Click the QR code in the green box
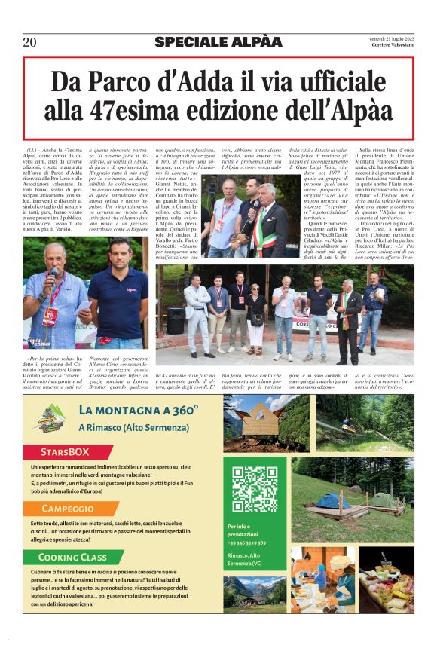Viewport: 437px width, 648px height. tap(255, 489)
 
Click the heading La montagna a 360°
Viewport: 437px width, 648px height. tap(138, 411)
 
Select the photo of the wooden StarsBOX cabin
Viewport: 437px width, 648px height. tap(255, 424)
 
